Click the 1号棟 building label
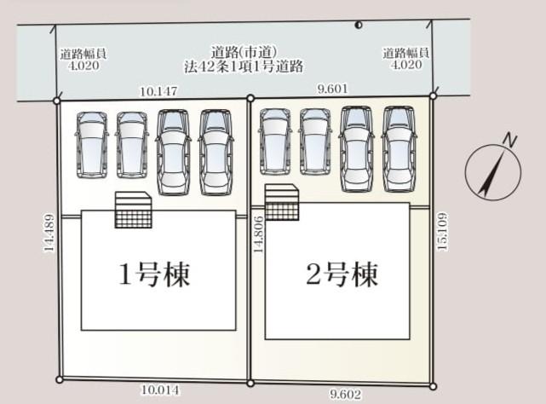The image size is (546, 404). coord(154,274)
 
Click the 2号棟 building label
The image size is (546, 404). coord(342,274)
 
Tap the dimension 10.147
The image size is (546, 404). coord(158,91)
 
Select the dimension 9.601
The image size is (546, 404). coord(332,89)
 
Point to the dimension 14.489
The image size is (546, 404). coord(49,233)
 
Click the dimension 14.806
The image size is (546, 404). coord(258,234)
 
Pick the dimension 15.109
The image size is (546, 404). coord(441,232)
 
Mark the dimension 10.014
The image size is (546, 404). coord(160,390)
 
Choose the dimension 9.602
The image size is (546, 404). coord(346,395)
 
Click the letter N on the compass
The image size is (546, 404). coord(509,140)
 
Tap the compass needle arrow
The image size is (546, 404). coord(491,172)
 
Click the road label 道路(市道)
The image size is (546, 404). coord(244,53)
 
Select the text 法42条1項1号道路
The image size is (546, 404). coord(244,66)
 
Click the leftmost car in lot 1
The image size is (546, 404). coord(92,145)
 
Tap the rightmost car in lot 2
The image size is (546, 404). coord(399,149)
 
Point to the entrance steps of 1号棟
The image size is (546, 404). coord(134,210)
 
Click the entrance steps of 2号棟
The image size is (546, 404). coord(282,202)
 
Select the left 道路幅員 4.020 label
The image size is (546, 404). coord(83,60)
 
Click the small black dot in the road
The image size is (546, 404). coord(359,25)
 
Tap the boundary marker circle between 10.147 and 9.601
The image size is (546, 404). coord(250,98)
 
